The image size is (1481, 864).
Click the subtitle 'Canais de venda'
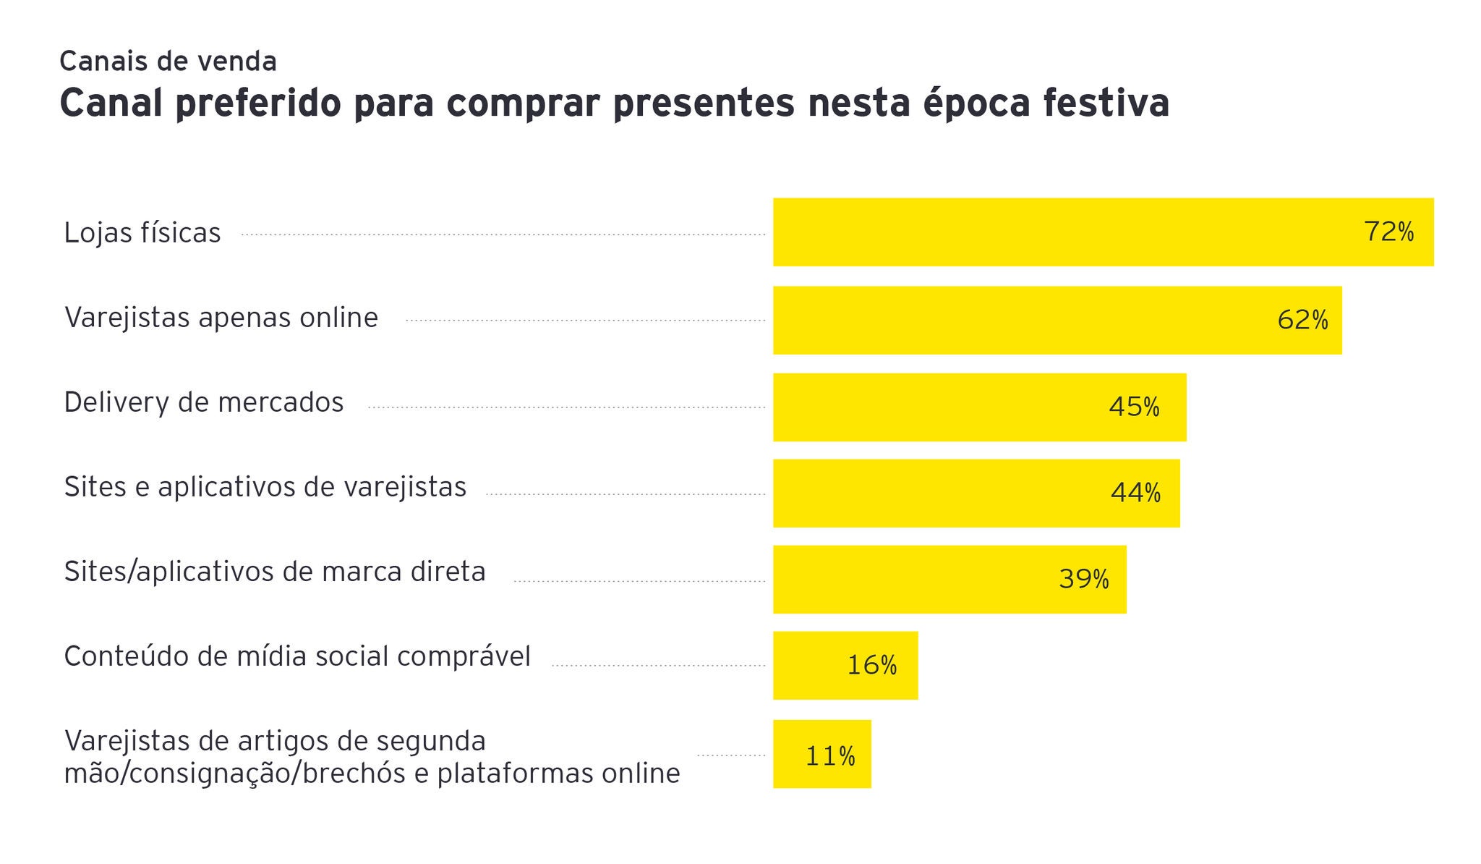[x=168, y=62]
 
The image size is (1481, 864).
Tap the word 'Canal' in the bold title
[x=111, y=103]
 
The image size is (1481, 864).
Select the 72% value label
[x=1388, y=232]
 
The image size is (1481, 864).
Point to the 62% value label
[x=1302, y=320]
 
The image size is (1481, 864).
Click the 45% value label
[x=1134, y=407]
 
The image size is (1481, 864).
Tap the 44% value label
[x=1135, y=494]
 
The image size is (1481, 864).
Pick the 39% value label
[x=1083, y=579]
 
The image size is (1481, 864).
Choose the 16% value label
[x=871, y=666]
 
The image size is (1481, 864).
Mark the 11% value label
[x=830, y=757]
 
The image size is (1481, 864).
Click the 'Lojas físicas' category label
[x=142, y=233]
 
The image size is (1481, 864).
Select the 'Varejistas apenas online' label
[x=221, y=318]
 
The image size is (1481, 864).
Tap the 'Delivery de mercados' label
[x=204, y=402]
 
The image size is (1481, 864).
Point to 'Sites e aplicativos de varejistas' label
[x=265, y=487]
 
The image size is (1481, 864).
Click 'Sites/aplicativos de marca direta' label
[x=275, y=572]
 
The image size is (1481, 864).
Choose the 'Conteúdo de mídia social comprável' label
[x=297, y=656]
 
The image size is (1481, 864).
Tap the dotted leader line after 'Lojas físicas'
[x=503, y=234]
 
